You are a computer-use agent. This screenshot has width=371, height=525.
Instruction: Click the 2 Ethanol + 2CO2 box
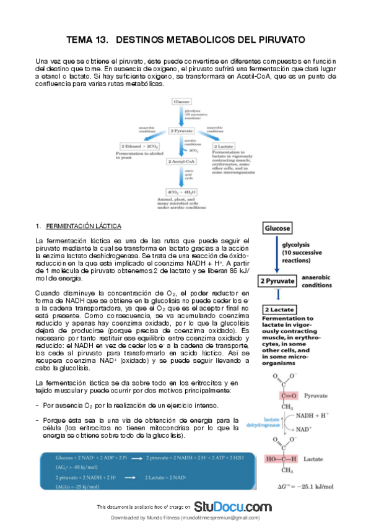pyautogui.click(x=141, y=145)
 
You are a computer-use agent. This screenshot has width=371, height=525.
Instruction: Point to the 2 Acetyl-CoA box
pyautogui.click(x=181, y=161)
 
